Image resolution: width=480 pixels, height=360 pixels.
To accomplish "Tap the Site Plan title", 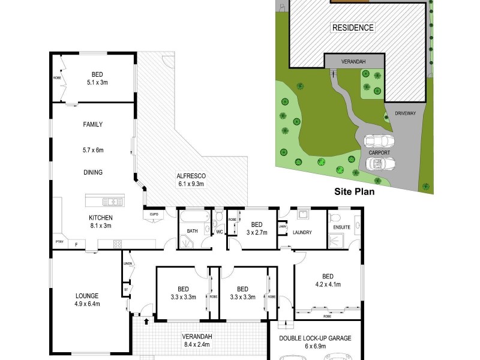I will pyautogui.click(x=354, y=193).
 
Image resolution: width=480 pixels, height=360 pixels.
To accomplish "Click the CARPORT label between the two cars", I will pyautogui.click(x=379, y=153).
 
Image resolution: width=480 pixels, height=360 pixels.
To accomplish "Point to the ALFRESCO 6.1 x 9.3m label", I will pyautogui.click(x=191, y=180).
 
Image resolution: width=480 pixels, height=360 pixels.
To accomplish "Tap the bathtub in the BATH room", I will pyautogui.click(x=194, y=217).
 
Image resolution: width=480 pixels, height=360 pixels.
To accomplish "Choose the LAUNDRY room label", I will pyautogui.click(x=302, y=233).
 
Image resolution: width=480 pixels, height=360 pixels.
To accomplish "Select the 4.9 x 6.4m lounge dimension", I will pyautogui.click(x=87, y=304).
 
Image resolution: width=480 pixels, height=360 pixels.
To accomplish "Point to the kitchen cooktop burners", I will pyautogui.click(x=118, y=244).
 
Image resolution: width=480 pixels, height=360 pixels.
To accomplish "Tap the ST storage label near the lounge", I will pyautogui.click(x=126, y=289).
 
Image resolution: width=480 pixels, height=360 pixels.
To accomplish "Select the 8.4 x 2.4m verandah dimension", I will pyautogui.click(x=197, y=345).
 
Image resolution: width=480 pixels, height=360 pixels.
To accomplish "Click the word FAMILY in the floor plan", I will pyautogui.click(x=92, y=125).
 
